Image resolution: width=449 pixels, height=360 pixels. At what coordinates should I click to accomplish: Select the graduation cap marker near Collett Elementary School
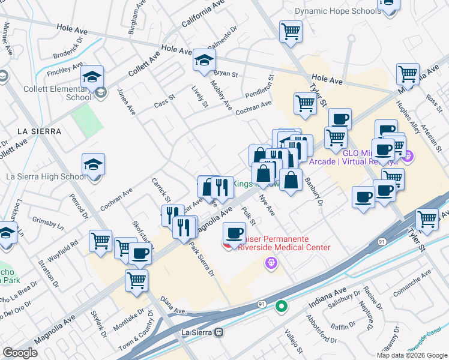click(x=92, y=76)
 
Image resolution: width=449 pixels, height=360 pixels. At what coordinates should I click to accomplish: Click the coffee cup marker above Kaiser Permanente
click(x=234, y=232)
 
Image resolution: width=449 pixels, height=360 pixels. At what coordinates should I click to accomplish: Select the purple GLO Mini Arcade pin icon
click(x=408, y=157)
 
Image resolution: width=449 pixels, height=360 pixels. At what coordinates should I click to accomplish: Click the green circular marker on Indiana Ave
click(x=281, y=307)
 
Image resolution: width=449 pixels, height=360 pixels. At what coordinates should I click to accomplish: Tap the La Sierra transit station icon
click(x=219, y=331)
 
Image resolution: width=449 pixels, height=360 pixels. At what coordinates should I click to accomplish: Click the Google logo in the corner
click(x=20, y=352)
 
